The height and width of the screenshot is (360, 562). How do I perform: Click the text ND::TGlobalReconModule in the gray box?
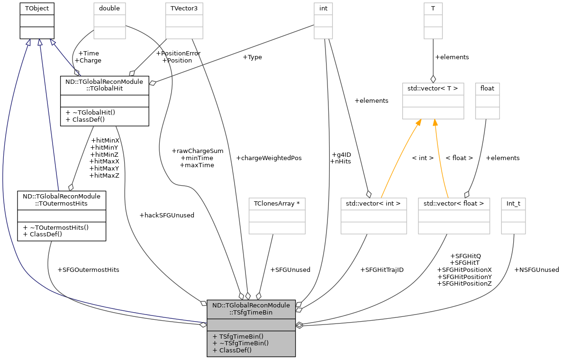point(251,306)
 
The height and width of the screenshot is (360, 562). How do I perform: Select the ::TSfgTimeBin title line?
point(251,313)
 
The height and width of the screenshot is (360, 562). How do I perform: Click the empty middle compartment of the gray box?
point(251,325)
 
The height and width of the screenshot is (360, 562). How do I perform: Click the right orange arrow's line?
point(440,161)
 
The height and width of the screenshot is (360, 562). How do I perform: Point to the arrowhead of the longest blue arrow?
point(28,43)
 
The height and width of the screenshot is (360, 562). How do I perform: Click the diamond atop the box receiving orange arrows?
point(433,79)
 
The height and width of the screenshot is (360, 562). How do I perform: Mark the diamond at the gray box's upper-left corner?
point(204,303)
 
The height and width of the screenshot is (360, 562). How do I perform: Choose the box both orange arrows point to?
point(433,101)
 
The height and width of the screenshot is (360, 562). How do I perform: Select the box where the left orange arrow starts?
point(373,216)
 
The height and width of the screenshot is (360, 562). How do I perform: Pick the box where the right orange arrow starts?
point(453,216)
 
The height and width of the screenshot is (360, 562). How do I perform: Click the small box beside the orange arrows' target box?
point(487,101)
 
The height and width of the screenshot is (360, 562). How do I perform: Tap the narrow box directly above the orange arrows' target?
point(433,21)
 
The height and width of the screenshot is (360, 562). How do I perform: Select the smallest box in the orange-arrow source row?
point(513,216)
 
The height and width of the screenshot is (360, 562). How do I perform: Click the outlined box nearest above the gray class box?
point(277,216)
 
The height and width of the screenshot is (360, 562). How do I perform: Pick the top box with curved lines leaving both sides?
point(109,21)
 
